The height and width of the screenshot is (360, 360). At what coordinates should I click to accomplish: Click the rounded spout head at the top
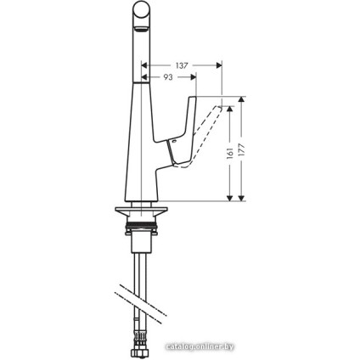coord(145,17)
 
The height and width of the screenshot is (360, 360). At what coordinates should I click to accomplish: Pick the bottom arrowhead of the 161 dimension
coord(228,198)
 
